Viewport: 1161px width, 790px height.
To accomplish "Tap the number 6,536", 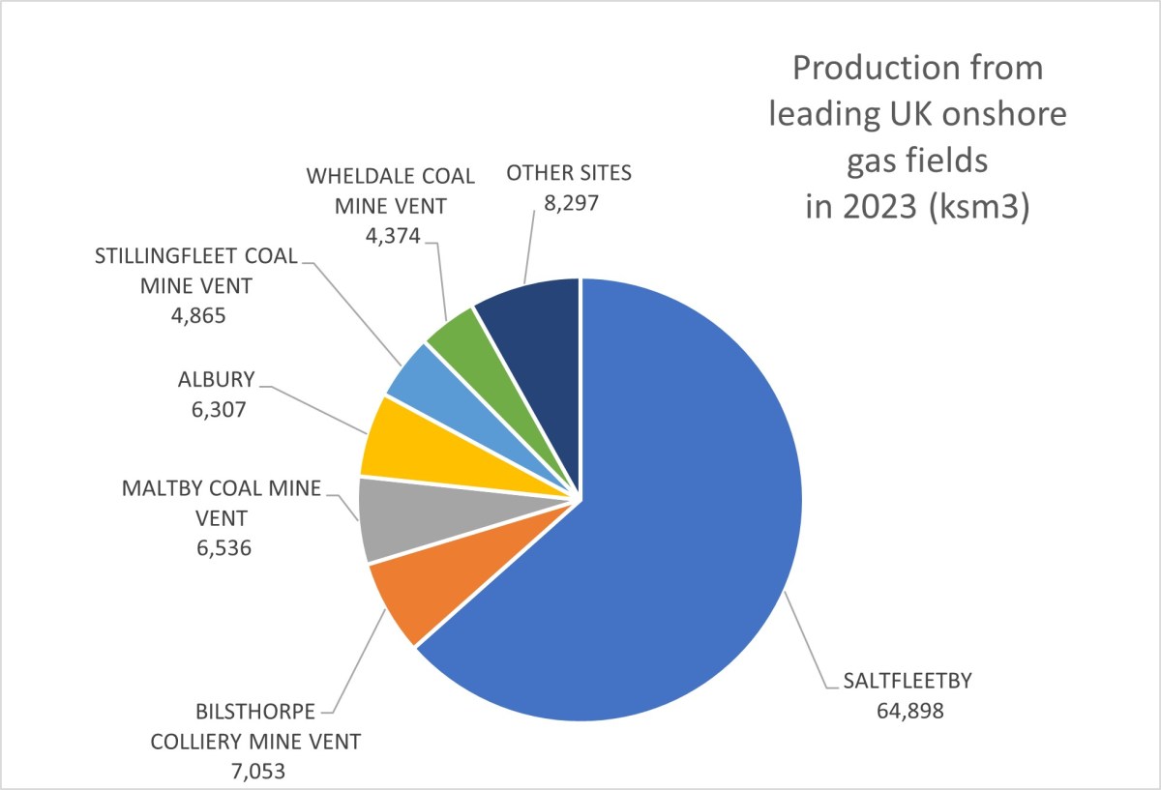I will tap(222, 548).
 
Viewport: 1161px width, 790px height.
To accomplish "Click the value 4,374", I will tap(390, 235).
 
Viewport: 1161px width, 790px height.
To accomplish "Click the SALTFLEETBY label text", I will tap(897, 680).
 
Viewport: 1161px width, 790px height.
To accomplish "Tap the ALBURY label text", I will tap(217, 378).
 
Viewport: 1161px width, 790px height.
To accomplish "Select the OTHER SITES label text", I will tap(568, 174).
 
